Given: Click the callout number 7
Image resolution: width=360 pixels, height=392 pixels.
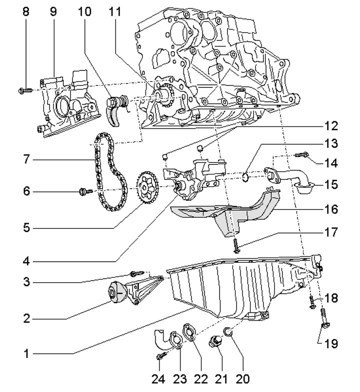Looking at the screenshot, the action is (x=26, y=159).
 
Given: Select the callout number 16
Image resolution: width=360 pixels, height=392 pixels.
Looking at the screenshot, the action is (x=330, y=209).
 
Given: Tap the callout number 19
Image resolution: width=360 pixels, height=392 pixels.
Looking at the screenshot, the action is (x=330, y=344).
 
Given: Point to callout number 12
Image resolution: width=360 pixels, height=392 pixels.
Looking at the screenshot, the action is (x=330, y=126).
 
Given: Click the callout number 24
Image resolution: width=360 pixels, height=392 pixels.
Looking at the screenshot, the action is (x=158, y=379).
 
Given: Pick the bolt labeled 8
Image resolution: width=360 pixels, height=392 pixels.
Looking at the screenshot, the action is (x=25, y=90).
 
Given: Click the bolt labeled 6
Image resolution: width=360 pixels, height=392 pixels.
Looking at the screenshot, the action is (x=86, y=192).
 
